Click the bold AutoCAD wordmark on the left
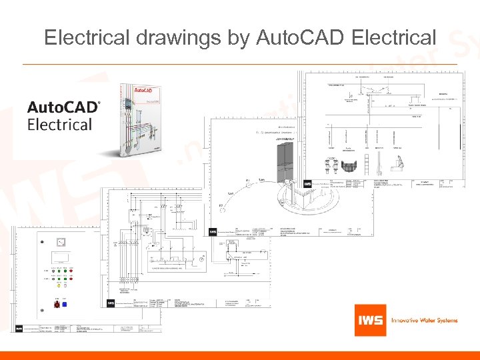63,107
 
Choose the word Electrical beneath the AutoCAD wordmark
59,125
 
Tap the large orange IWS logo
369,320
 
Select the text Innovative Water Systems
424,320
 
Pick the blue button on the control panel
64,305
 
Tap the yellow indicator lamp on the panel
59,286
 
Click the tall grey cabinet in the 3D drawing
287,163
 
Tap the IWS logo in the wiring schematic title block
111,303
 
